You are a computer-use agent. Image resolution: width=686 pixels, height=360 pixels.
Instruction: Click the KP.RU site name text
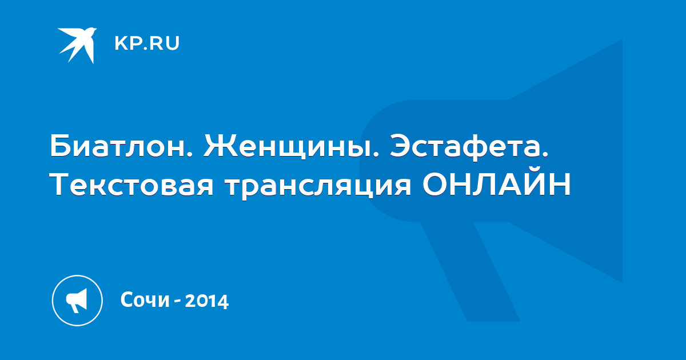point(147,43)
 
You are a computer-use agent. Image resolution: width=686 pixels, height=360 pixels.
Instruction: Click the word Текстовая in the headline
point(131,185)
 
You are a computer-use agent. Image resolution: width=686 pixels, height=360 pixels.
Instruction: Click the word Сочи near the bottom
point(145,299)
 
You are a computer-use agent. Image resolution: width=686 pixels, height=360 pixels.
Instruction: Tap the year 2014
point(207,301)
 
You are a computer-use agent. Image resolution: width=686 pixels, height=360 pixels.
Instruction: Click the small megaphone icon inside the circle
point(77,301)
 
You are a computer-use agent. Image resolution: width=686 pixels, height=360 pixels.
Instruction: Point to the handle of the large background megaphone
point(470,271)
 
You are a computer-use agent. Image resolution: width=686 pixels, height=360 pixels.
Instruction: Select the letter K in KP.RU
point(121,43)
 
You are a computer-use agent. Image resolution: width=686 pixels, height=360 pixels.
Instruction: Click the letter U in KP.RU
point(173,43)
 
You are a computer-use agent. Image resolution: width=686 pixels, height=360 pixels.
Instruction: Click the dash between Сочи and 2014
point(177,302)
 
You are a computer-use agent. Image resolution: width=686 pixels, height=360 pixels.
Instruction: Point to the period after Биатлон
point(190,155)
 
